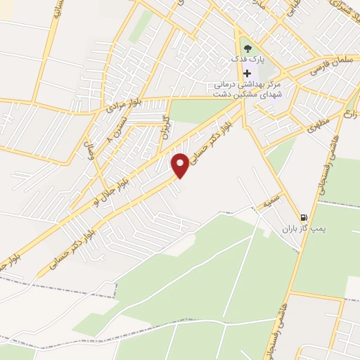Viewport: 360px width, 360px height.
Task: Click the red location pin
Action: click(181, 165)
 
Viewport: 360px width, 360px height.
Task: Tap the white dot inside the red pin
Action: click(181, 162)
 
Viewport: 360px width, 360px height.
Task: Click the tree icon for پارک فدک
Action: click(246, 49)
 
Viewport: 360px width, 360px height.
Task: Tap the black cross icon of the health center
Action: click(247, 73)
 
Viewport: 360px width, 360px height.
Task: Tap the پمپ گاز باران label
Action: click(301, 229)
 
